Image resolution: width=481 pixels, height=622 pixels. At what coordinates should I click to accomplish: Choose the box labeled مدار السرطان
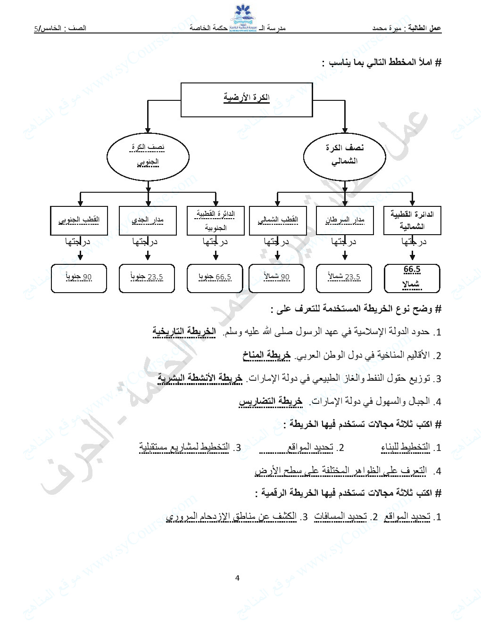pyautogui.click(x=344, y=220)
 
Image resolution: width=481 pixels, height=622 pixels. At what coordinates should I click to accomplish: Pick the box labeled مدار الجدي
pyautogui.click(x=148, y=220)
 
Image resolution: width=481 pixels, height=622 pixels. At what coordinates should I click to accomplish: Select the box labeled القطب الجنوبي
pyautogui.click(x=79, y=220)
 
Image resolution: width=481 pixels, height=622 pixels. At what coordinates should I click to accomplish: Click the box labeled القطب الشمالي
pyautogui.click(x=277, y=220)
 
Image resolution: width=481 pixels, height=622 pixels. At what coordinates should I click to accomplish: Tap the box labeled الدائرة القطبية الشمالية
pyautogui.click(x=412, y=220)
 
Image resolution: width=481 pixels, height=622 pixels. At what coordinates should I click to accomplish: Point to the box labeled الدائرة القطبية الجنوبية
pyautogui.click(x=216, y=220)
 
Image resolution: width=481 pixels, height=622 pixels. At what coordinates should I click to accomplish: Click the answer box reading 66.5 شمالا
pyautogui.click(x=412, y=278)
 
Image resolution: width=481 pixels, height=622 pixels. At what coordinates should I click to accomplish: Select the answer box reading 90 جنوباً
pyautogui.click(x=79, y=278)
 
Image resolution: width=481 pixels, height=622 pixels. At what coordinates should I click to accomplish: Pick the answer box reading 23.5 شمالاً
pyautogui.click(x=344, y=278)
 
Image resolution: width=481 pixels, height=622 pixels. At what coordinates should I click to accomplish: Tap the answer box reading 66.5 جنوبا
pyautogui.click(x=216, y=278)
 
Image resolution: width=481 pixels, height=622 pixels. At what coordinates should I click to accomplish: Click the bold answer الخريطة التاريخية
pyautogui.click(x=184, y=332)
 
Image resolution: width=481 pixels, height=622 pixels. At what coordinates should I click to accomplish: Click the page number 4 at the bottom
pyautogui.click(x=237, y=578)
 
